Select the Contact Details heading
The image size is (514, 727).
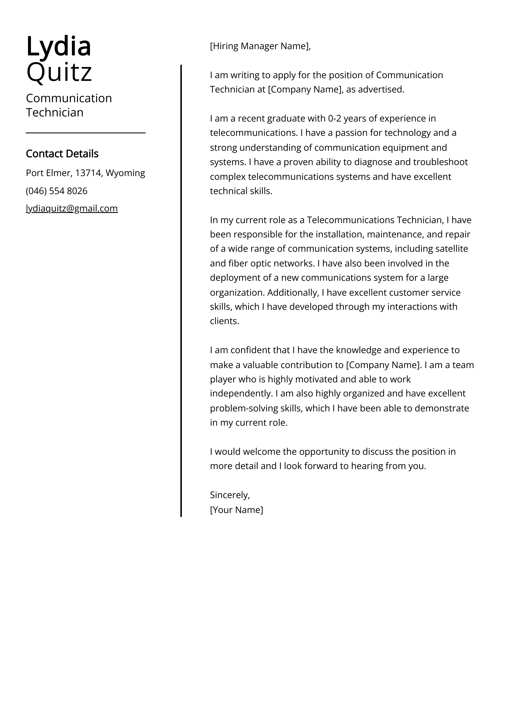(62, 154)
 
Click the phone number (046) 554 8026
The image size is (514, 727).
(56, 191)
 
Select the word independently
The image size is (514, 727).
(241, 394)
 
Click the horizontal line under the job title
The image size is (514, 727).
(85, 133)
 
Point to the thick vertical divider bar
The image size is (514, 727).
(181, 285)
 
